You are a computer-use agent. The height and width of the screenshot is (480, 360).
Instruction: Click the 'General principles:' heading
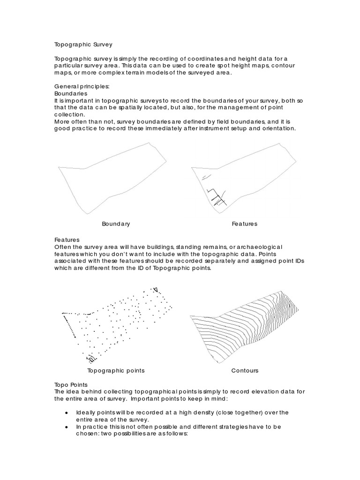click(x=82, y=87)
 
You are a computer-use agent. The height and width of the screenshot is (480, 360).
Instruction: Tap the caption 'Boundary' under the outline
click(x=116, y=224)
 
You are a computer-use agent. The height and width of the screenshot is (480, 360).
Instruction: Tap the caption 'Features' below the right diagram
click(x=244, y=224)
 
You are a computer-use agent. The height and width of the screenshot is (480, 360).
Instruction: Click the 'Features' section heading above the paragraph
click(x=67, y=240)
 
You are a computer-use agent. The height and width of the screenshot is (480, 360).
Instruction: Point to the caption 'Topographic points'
click(x=116, y=370)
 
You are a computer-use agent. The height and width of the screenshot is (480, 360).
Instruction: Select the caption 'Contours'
click(x=245, y=370)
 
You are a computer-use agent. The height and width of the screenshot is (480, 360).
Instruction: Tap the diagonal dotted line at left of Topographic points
click(x=69, y=324)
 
